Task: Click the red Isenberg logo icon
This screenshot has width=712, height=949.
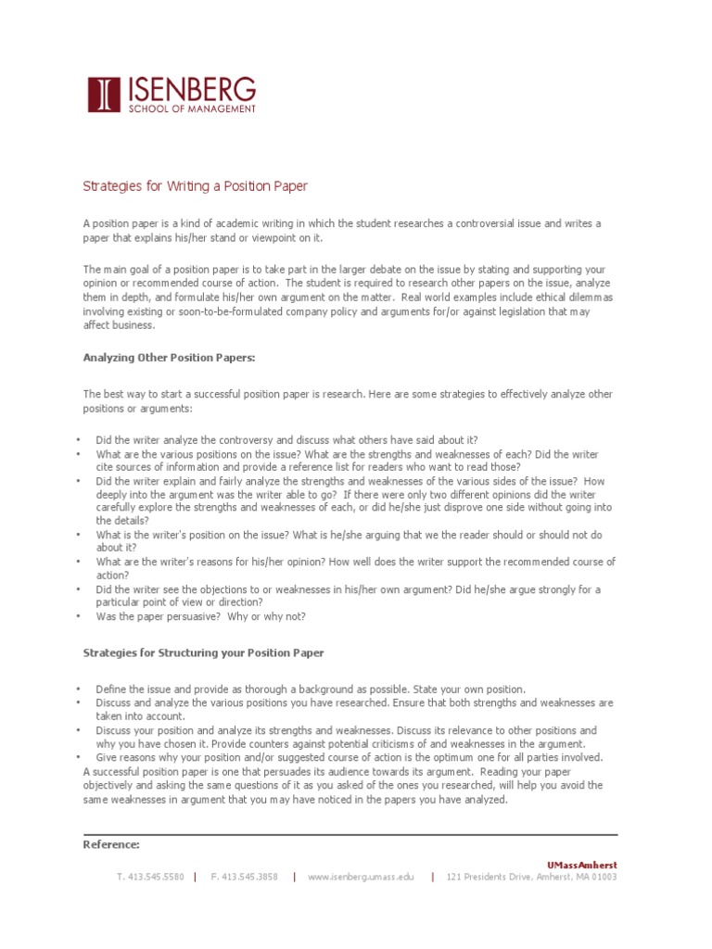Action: [x=104, y=95]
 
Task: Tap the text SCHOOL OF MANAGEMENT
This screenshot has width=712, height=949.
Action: [x=190, y=109]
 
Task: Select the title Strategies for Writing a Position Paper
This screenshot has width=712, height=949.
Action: [x=195, y=186]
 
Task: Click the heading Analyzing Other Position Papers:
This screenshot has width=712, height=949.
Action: [x=169, y=357]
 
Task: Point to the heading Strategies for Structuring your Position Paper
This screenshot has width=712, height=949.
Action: [x=204, y=652]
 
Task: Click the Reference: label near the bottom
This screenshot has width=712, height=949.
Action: [x=111, y=844]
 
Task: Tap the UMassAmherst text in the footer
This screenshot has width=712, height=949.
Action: [x=581, y=865]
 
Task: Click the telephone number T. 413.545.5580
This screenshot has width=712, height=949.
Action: [x=150, y=877]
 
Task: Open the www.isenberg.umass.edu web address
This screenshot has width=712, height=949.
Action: [x=362, y=877]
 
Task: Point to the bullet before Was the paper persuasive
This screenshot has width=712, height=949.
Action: [x=80, y=616]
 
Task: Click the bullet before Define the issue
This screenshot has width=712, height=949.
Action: [x=80, y=690]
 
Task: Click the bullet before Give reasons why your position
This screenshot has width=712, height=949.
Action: [x=80, y=757]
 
